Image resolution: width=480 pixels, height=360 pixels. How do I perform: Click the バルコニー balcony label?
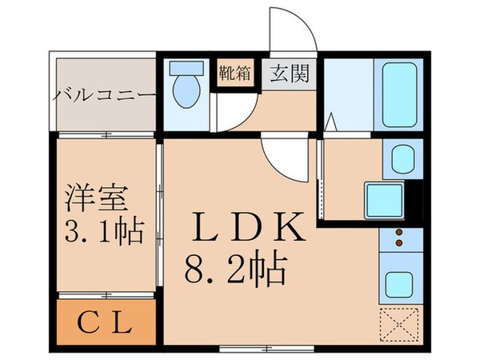click(104, 96)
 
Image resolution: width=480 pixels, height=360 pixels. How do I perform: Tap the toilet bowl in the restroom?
click(186, 93)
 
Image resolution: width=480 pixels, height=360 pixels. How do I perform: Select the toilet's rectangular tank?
click(186, 69)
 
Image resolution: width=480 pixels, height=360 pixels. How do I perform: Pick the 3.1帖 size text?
click(102, 234)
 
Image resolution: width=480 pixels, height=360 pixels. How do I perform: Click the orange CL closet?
click(105, 322)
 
